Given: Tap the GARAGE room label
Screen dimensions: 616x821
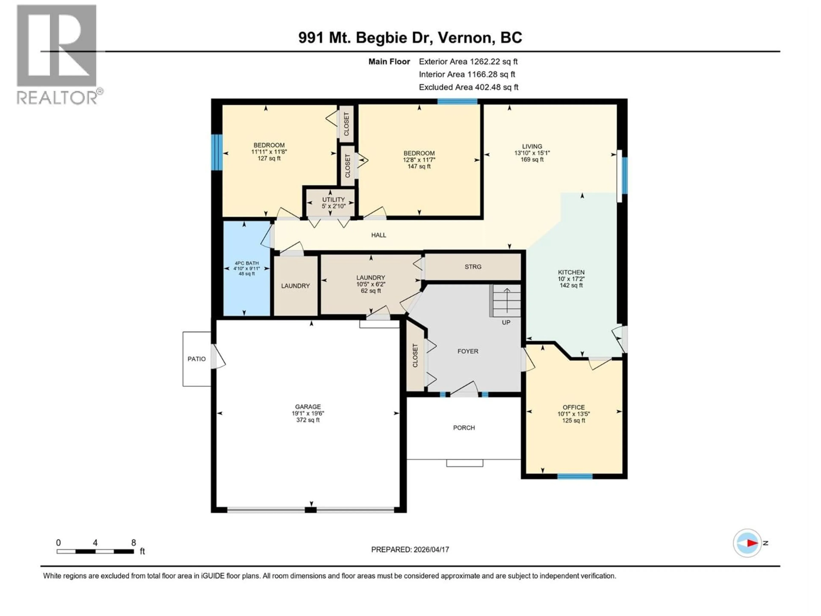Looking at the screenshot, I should point(308,407).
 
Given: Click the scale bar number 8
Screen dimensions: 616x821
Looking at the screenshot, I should point(134,542).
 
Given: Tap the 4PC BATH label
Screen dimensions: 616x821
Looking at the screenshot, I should point(247,263).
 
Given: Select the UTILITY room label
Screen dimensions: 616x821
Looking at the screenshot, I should point(333,199).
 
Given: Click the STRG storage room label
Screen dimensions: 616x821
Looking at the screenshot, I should point(473,267).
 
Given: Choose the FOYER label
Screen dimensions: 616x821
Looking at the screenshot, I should point(468,351).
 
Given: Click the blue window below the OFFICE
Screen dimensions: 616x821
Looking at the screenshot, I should point(575,476).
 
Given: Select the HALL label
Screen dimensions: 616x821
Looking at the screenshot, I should point(379,235).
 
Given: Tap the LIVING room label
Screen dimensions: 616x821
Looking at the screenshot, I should point(532,146).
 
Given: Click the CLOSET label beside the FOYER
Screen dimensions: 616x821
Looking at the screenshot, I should point(415,356).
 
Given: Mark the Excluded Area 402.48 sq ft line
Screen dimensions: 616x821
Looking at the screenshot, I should point(468,87).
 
